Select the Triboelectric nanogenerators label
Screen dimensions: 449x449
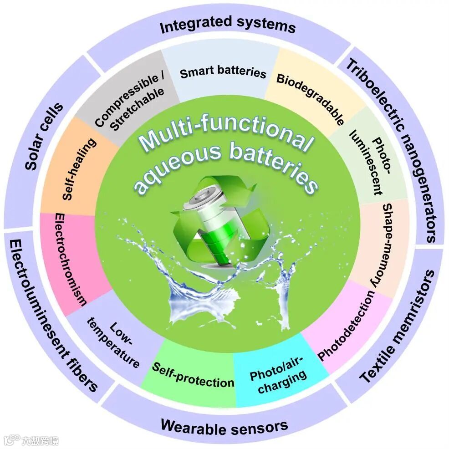coord(392,150)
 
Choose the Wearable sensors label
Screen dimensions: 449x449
coord(224,426)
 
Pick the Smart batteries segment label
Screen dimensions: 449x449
coord(223,73)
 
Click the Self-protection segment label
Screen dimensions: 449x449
coord(193,374)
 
